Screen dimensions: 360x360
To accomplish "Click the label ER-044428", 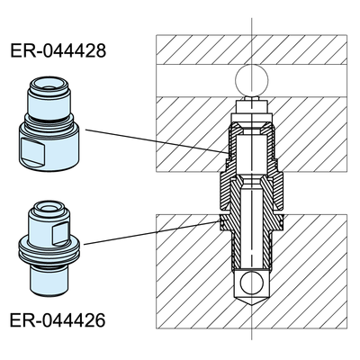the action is pos(58,50).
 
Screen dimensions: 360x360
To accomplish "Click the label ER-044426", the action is pos(58,320).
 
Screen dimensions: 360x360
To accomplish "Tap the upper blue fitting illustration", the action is pos(49,123).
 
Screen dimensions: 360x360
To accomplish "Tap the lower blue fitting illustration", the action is pos(49,247).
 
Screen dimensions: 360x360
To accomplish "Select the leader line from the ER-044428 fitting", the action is pos(157,141).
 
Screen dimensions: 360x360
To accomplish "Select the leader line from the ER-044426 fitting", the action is pos(151,233).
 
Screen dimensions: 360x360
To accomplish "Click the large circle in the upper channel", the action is pos(252,80).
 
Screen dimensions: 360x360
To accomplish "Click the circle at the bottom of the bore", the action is pos(252,283).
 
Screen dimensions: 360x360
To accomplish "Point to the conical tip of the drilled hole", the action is pos(252,301).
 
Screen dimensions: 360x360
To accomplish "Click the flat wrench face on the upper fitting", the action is pos(34,150).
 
